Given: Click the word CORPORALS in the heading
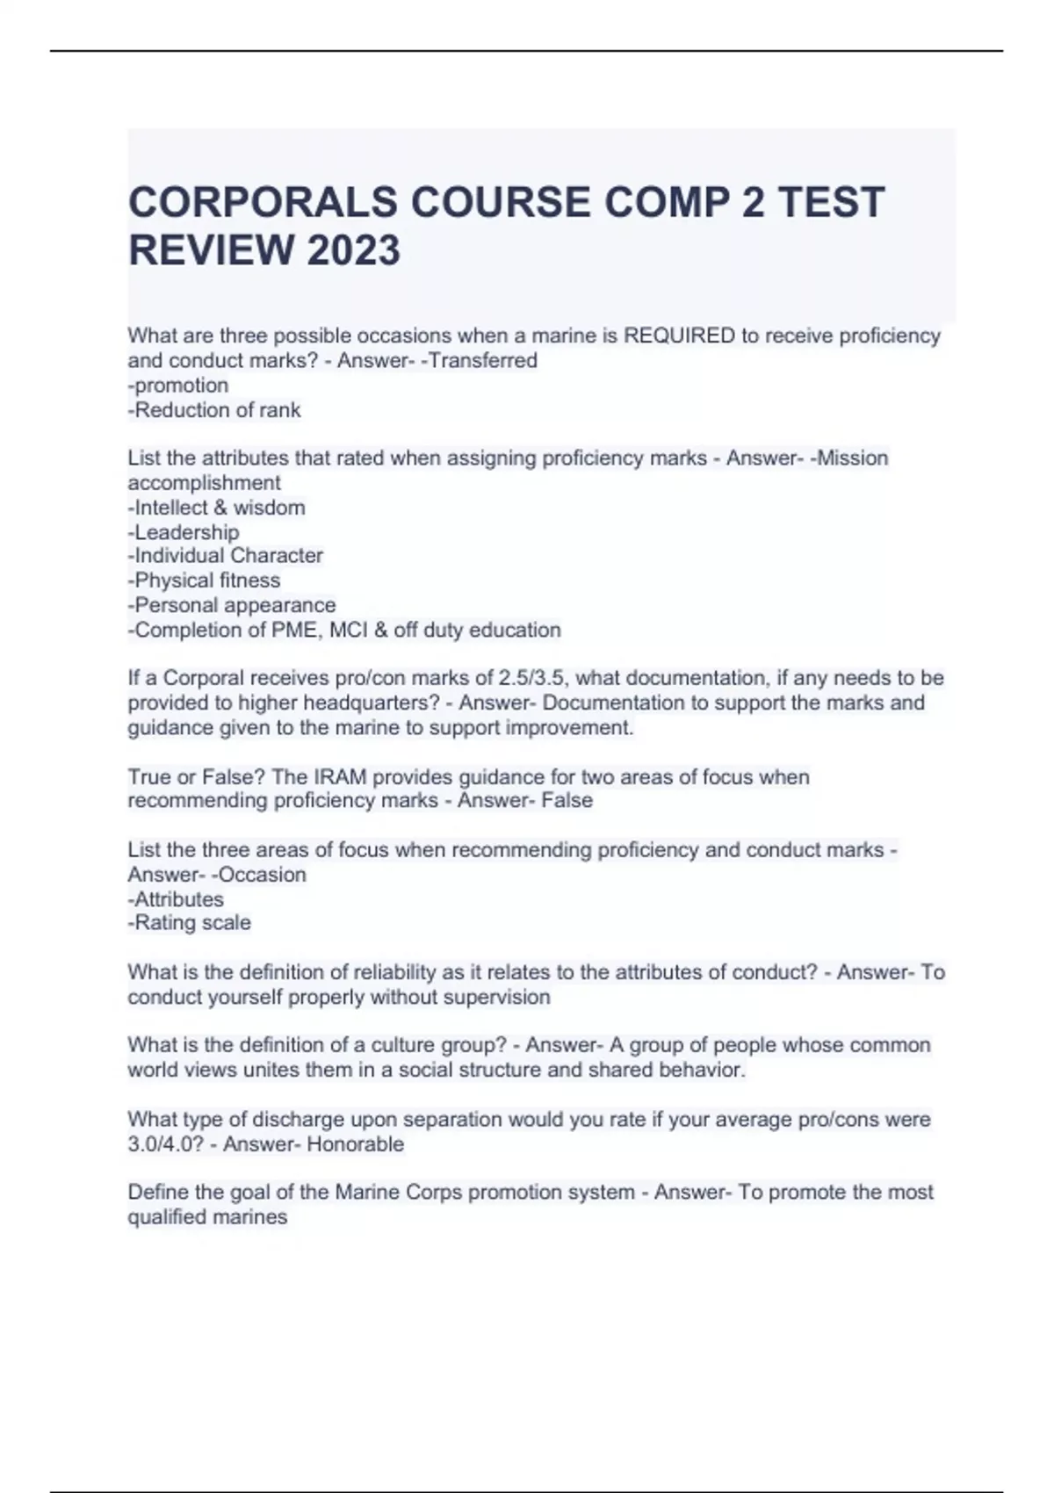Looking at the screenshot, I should point(262,202).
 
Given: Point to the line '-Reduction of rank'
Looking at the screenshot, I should point(214,410).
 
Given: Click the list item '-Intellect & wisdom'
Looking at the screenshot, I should point(216,508).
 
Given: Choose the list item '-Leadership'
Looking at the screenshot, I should point(183,532).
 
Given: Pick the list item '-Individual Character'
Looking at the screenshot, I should point(225,556).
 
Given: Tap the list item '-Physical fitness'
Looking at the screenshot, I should point(204,581).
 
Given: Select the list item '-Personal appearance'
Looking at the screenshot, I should point(232,605).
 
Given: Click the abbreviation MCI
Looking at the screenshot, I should point(350,630).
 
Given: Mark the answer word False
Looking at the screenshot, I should point(567,801).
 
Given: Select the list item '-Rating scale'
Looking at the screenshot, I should point(189,923).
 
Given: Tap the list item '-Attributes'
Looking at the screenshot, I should point(176,899).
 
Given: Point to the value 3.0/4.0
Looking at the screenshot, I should point(165,1144).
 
